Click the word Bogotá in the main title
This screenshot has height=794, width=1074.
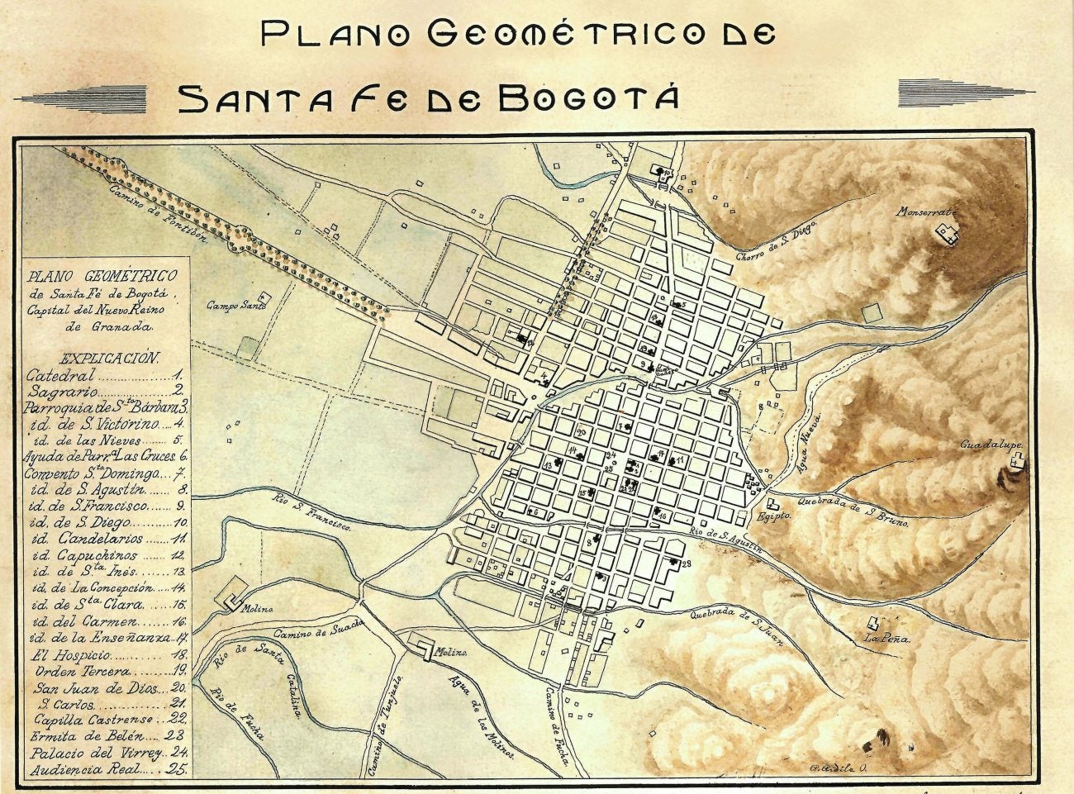click(x=589, y=97)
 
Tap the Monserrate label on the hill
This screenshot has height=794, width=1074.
click(x=924, y=212)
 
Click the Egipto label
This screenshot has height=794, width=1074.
click(x=773, y=516)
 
